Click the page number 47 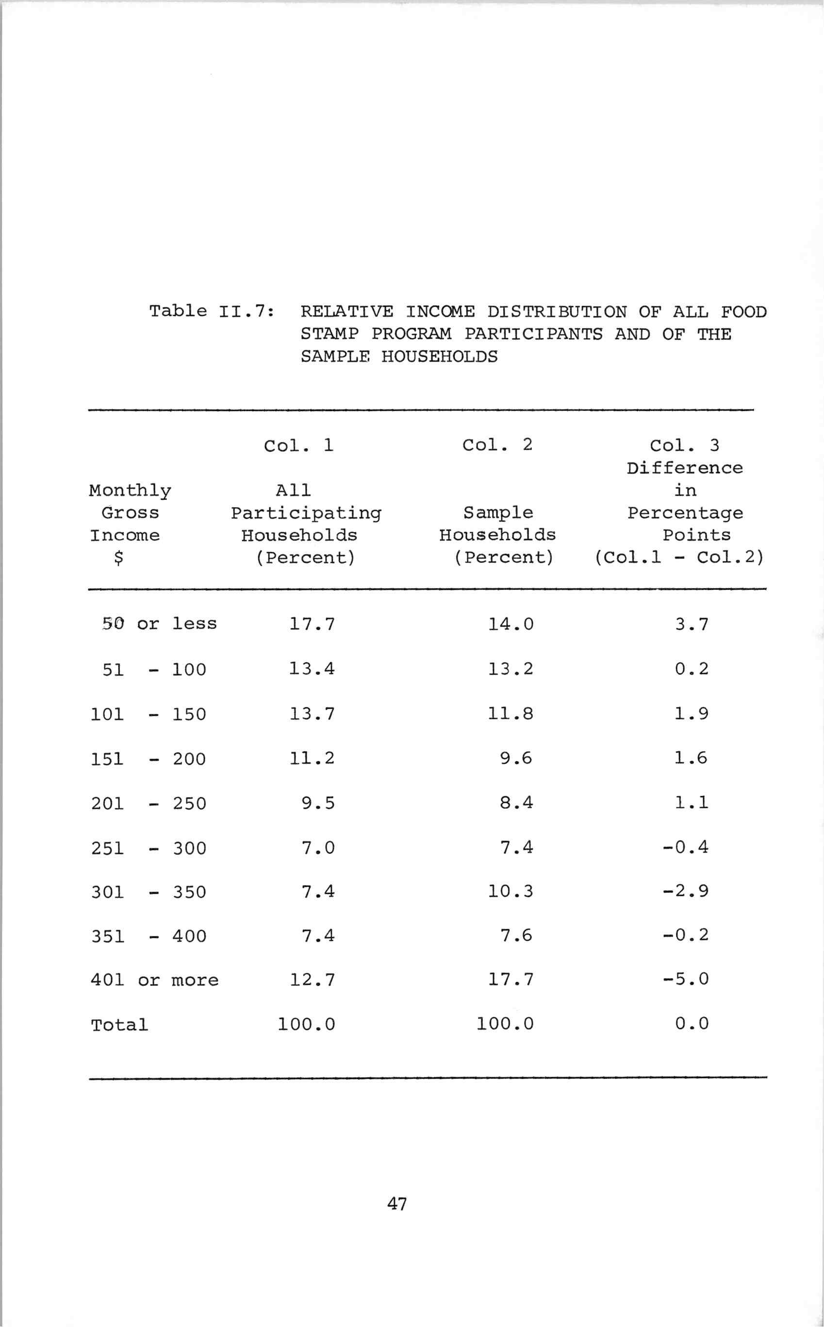point(397,1203)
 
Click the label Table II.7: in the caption point(212,311)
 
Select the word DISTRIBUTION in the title point(557,312)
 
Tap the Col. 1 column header point(298,445)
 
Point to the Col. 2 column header point(497,444)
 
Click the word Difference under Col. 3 point(685,468)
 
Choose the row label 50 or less point(159,623)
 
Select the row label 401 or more point(155,980)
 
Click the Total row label point(119,1025)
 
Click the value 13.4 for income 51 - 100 point(312,669)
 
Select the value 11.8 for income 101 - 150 point(511,713)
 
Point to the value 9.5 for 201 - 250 point(318,803)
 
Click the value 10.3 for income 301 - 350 point(511,891)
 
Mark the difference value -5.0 point(686,979)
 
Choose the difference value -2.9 point(686,891)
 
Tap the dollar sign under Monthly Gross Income point(118,558)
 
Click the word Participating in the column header point(306,513)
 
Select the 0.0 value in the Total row point(692,1024)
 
